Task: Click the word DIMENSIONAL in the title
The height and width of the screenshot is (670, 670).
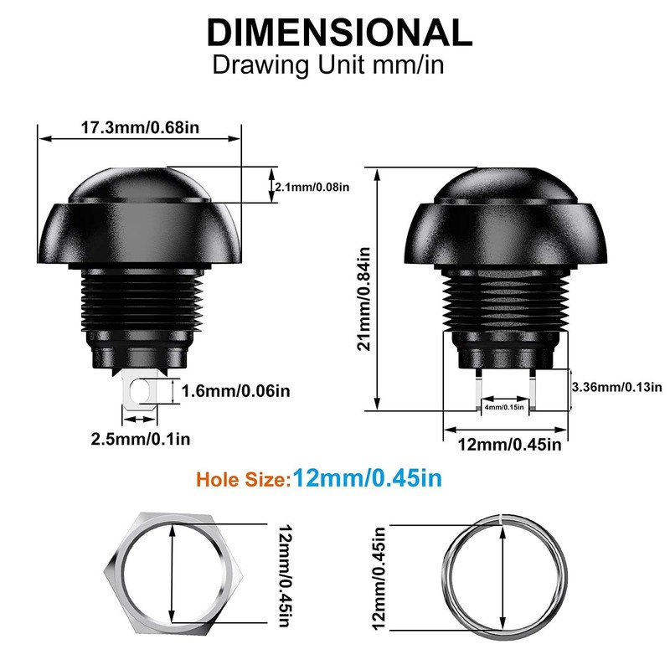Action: [340, 33]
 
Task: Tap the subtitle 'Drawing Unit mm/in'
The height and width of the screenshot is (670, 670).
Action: [328, 65]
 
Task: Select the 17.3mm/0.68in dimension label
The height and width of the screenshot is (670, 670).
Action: [140, 127]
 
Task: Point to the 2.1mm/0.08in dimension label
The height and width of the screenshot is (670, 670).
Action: [312, 187]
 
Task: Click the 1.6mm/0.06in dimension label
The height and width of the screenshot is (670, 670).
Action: [236, 391]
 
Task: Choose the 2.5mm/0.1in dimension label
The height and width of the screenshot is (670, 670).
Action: [141, 439]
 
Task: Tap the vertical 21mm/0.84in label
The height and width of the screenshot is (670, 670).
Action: [364, 299]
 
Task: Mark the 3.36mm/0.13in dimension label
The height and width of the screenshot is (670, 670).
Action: [616, 387]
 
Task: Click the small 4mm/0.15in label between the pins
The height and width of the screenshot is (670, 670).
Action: [504, 407]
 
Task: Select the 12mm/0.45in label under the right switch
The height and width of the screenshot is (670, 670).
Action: [509, 445]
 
